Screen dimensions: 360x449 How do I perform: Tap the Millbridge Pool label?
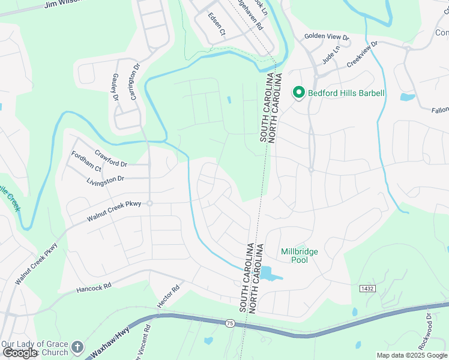pyautogui.click(x=299, y=256)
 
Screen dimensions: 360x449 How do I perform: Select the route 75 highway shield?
pyautogui.click(x=231, y=323)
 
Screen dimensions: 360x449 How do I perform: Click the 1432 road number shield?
pyautogui.click(x=368, y=289)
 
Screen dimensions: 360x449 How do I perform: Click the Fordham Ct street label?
pyautogui.click(x=86, y=169)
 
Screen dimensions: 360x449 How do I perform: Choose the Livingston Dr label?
pyautogui.click(x=105, y=179)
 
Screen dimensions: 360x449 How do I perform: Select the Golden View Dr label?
pyautogui.click(x=322, y=36)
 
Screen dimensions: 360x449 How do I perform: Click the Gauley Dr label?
pyautogui.click(x=114, y=88)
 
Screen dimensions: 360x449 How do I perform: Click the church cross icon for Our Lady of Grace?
pyautogui.click(x=77, y=347)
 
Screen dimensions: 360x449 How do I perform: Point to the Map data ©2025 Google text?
pyautogui.click(x=411, y=355)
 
